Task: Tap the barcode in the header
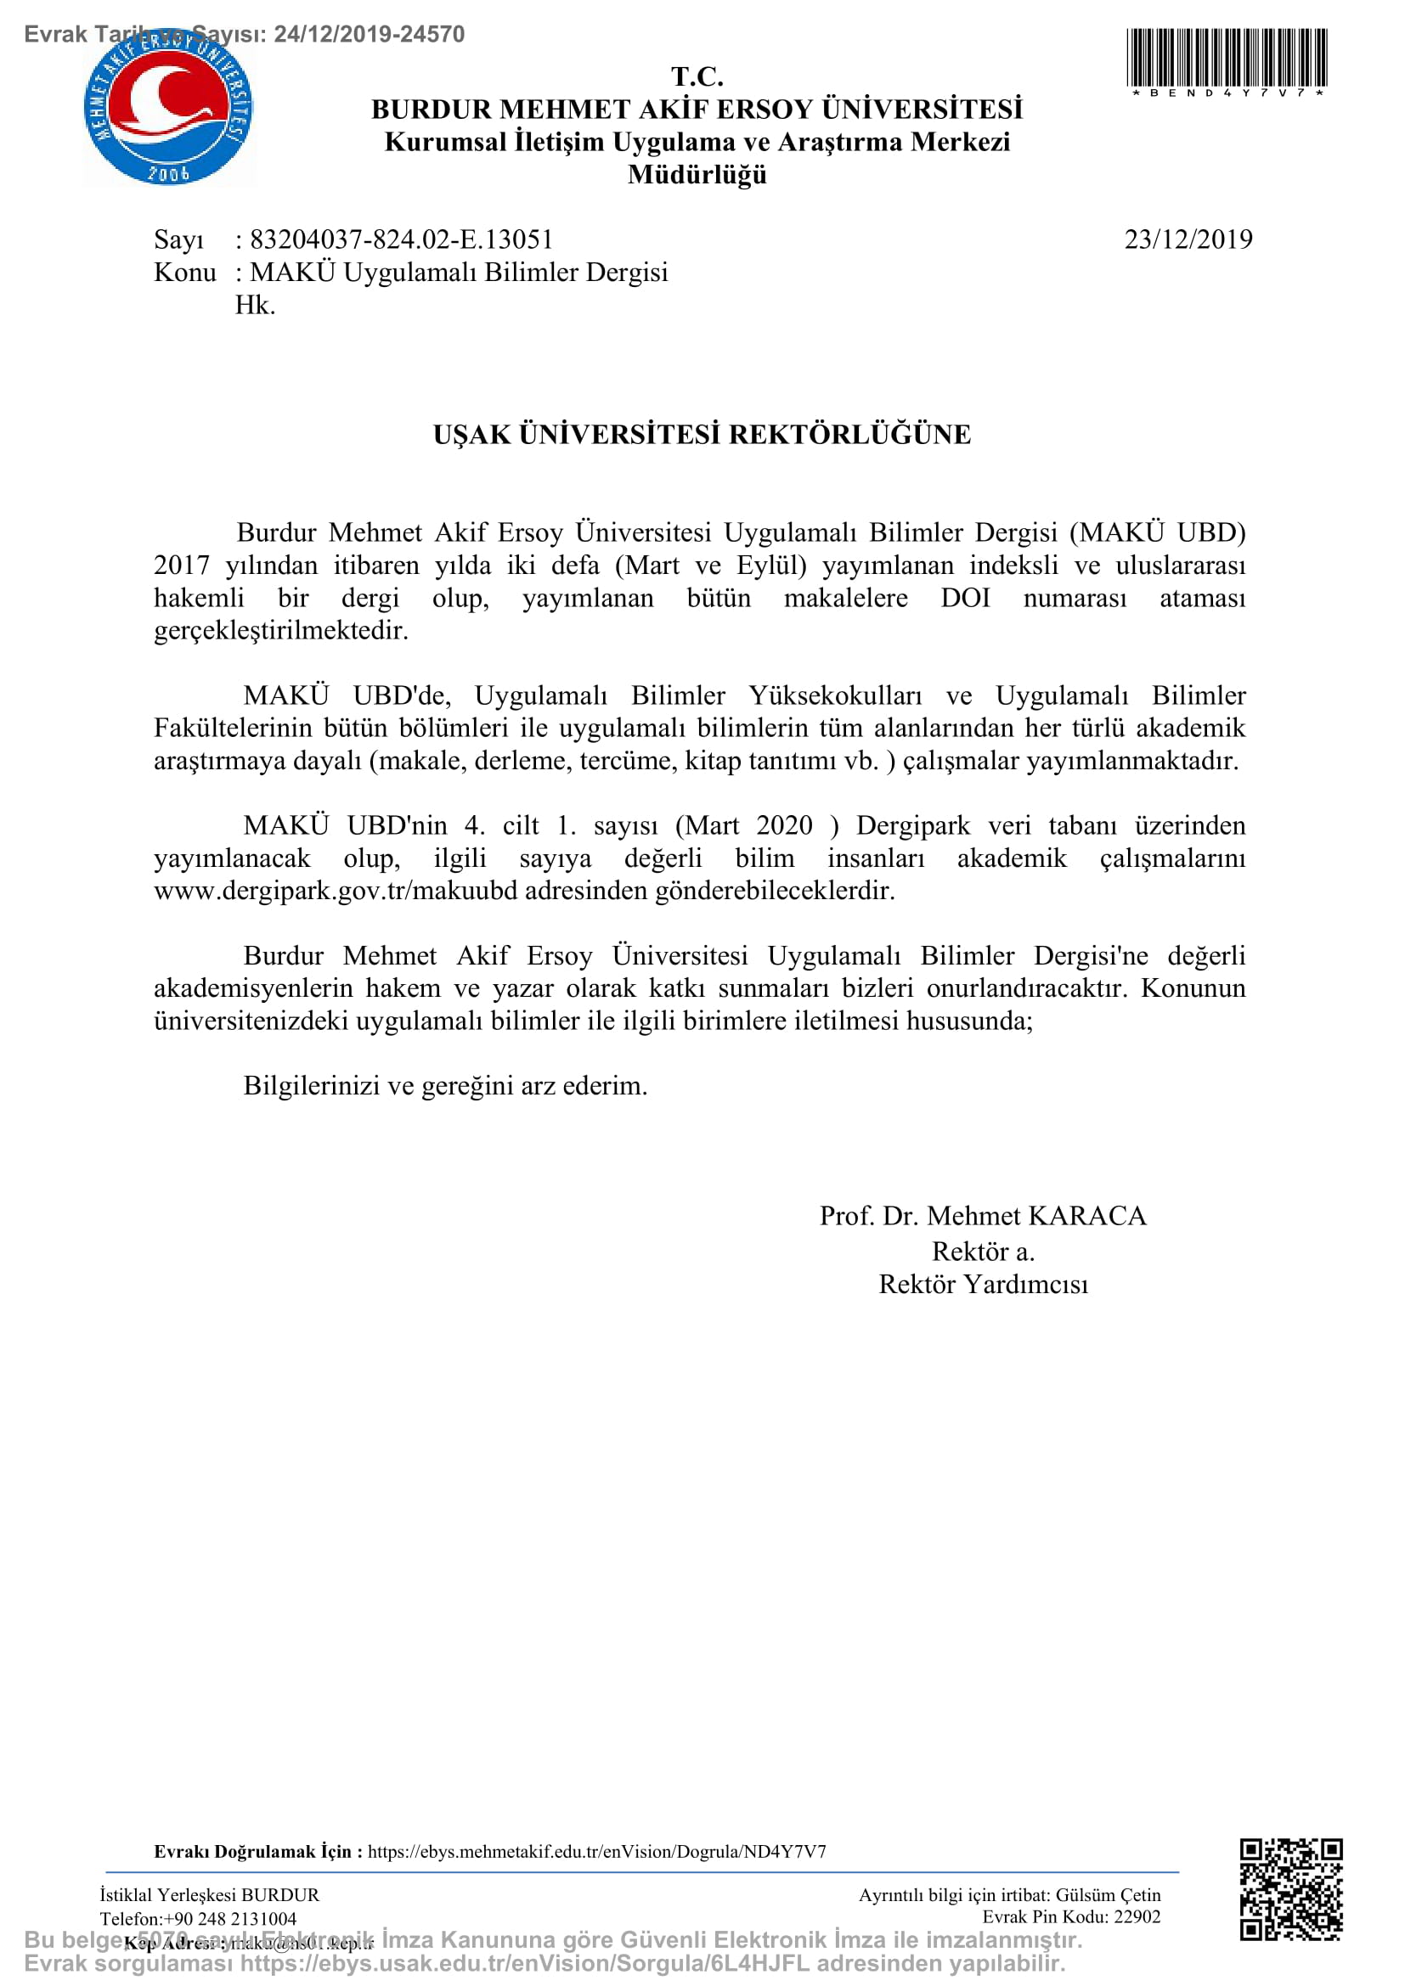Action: tap(1226, 57)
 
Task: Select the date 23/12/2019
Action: tap(1188, 239)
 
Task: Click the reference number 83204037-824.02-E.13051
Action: tap(402, 239)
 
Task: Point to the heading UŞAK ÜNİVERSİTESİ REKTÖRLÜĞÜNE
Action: tap(702, 434)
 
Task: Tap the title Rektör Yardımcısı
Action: tap(983, 1285)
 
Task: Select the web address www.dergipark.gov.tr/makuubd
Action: tap(336, 891)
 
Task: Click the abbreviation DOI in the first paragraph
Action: tap(965, 598)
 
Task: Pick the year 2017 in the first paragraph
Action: tap(182, 565)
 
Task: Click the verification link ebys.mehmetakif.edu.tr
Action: tap(597, 1852)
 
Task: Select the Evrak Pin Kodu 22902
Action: tap(1137, 1917)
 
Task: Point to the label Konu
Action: tap(184, 273)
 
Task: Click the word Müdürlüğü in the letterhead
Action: tap(697, 175)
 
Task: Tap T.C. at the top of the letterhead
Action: tap(697, 76)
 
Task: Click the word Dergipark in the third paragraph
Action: tap(912, 825)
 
